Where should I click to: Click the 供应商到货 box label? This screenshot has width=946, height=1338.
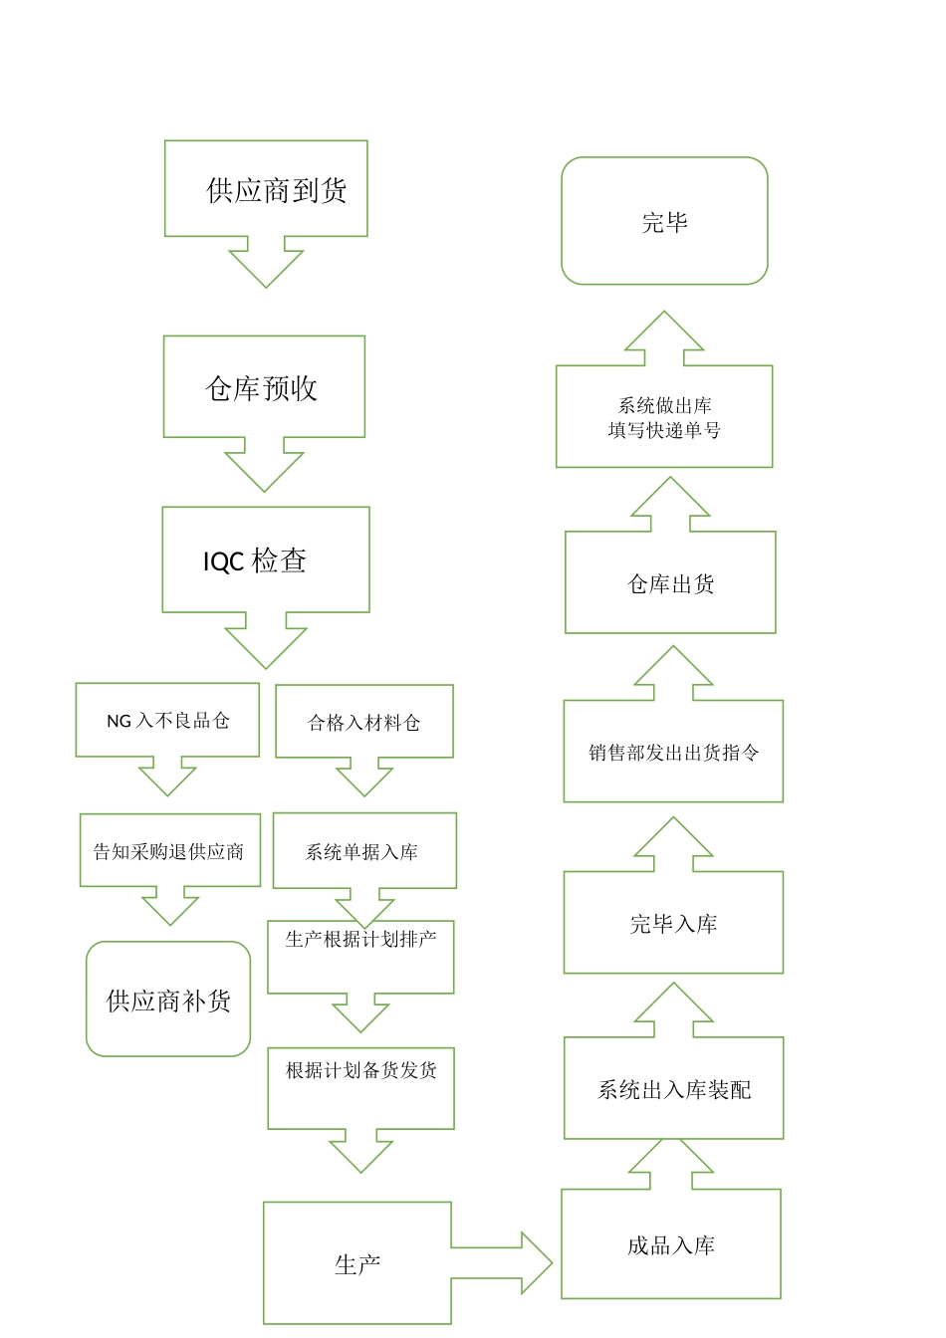click(x=276, y=190)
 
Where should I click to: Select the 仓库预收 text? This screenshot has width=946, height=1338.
click(x=261, y=388)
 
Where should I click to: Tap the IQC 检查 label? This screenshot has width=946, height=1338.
click(x=255, y=561)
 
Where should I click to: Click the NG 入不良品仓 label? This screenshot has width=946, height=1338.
click(x=167, y=721)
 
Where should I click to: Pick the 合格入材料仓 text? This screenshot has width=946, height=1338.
click(x=363, y=723)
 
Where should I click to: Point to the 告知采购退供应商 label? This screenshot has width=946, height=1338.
click(x=168, y=851)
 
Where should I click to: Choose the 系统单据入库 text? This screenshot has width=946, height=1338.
click(x=361, y=852)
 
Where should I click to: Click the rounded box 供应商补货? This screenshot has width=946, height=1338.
click(x=168, y=1000)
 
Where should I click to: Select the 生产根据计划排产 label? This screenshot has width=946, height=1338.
click(x=360, y=939)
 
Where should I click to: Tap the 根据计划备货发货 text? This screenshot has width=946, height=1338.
click(x=360, y=1070)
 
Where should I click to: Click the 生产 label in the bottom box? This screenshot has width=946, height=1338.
click(x=357, y=1264)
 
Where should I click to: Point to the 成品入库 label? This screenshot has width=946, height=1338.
click(x=670, y=1245)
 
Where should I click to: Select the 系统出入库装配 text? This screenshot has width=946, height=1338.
click(x=673, y=1090)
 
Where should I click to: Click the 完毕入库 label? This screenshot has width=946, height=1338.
click(x=673, y=924)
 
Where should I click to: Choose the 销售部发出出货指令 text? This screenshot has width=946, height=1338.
click(x=673, y=753)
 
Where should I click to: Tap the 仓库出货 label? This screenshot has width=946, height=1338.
click(x=670, y=584)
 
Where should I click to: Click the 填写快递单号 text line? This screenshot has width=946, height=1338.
click(x=664, y=430)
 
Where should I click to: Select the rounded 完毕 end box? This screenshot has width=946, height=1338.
click(x=664, y=222)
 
